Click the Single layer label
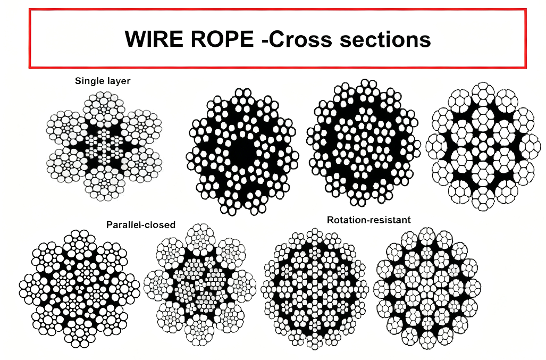click(x=103, y=81)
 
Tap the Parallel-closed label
click(x=140, y=225)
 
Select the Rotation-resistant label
click(x=368, y=220)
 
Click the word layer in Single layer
click(x=119, y=81)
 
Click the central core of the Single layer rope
click(x=104, y=146)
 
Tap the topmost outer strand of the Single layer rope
click(x=104, y=106)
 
